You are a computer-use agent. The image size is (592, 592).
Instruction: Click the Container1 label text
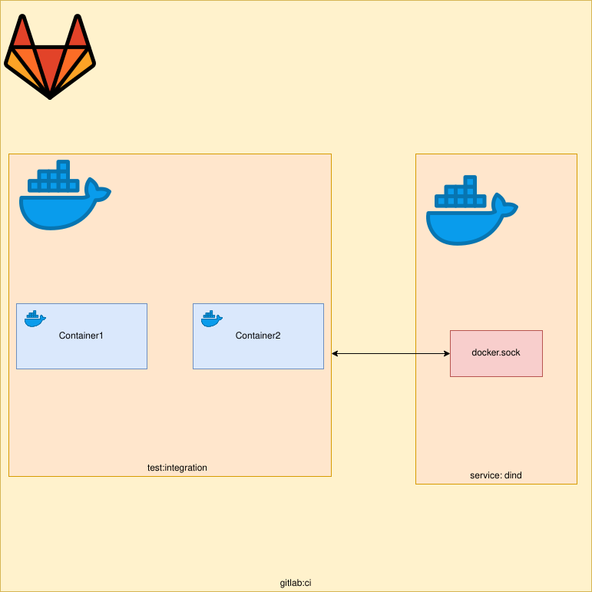pos(81,336)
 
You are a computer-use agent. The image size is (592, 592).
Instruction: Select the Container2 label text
pos(258,336)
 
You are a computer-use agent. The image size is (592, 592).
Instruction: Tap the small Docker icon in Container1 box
pos(35,319)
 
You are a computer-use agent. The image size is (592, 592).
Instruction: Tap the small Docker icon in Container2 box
pos(211,319)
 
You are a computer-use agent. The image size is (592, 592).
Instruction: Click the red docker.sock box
pos(496,353)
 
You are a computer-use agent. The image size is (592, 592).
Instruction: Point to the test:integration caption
pos(177,468)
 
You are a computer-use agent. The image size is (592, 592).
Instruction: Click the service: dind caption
pos(496,475)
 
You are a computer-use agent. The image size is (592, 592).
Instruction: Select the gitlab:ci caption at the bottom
pos(296,583)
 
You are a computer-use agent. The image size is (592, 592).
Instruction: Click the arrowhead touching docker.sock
pos(446,353)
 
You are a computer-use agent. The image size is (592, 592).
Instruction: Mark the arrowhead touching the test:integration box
pos(336,353)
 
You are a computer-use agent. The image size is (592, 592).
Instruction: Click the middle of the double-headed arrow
pos(391,353)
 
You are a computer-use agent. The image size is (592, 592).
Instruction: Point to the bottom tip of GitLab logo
pos(50,97)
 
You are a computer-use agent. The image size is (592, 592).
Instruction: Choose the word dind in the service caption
pos(512,475)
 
